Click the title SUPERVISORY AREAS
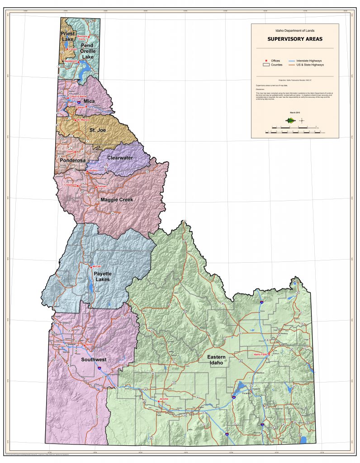point(294,39)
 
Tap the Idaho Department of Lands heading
point(294,30)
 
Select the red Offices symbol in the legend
point(266,61)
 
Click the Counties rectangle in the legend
point(266,65)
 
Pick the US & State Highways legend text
point(310,65)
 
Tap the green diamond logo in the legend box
point(290,120)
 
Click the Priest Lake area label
point(68,37)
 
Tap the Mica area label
point(89,101)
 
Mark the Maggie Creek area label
point(117,199)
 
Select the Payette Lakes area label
point(102,276)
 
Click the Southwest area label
point(94,359)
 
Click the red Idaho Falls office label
point(261,354)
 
